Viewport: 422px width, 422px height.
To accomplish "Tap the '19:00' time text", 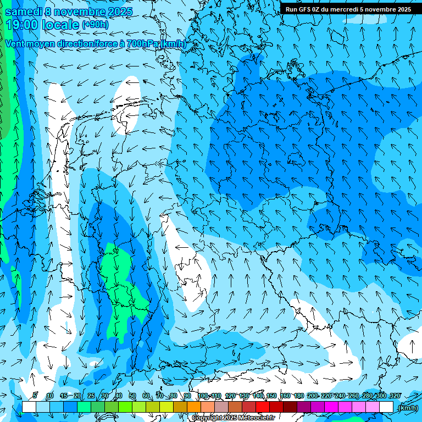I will [25, 25].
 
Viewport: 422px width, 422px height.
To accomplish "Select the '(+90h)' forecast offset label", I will [95, 25].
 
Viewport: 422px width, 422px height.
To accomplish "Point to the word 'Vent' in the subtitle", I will [16, 43].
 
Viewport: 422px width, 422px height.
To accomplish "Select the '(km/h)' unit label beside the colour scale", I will [407, 408].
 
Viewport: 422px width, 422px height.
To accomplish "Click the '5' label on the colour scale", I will [36, 396].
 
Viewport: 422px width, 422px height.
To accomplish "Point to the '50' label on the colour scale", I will [132, 396].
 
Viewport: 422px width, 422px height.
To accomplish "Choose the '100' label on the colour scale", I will [203, 396].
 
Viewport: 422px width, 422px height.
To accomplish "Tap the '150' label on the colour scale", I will [271, 396].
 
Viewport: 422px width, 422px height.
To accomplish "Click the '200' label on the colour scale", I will [313, 396].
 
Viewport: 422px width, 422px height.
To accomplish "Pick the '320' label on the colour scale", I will [395, 396].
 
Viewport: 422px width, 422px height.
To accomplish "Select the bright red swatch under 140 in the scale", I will [263, 407].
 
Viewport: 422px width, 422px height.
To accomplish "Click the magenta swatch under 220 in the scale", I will [331, 407].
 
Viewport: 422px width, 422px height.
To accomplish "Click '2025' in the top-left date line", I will [116, 12].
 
